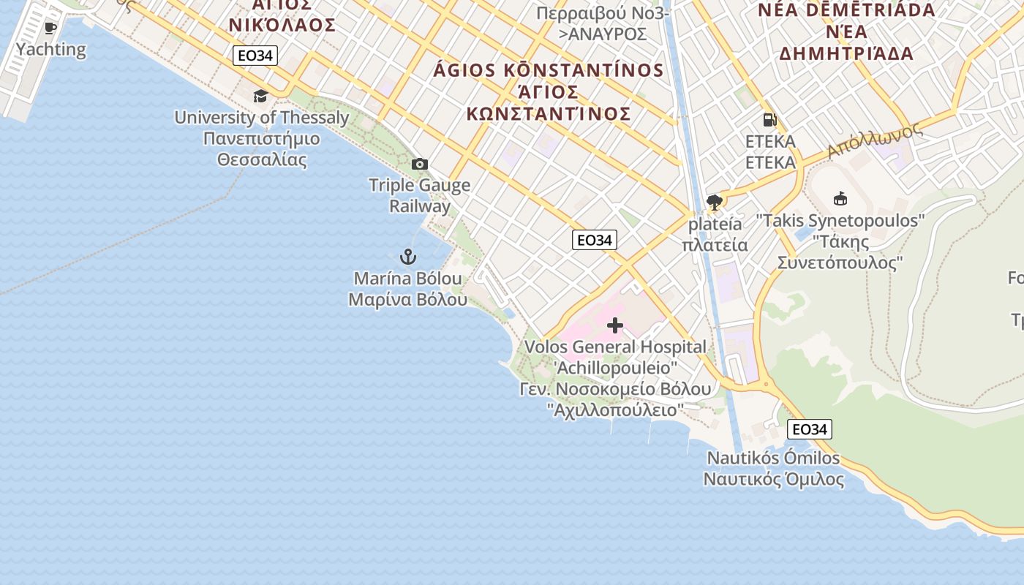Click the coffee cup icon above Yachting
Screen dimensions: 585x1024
pos(50,29)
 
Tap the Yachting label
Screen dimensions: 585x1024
pos(50,50)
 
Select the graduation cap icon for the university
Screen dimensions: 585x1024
pos(260,96)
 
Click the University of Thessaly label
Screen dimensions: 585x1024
pos(261,117)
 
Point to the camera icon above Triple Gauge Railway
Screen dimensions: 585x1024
pos(419,164)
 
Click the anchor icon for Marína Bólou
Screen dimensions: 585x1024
pos(407,257)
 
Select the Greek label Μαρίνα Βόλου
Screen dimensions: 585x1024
pos(407,299)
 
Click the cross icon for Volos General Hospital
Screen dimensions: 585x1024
pos(615,325)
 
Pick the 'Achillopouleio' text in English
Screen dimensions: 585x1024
pos(615,367)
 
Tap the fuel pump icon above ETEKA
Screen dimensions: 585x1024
pos(769,120)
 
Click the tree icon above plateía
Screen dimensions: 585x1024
pos(715,203)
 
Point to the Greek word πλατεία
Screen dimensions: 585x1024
pos(715,244)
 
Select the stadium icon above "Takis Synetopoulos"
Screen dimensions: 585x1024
pos(840,198)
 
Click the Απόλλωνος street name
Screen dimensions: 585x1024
pos(874,140)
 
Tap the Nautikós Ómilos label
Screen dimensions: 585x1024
pos(773,458)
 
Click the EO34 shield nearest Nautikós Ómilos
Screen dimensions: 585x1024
pos(810,429)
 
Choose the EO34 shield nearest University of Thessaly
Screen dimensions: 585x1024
pos(255,55)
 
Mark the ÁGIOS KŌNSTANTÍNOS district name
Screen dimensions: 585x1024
pos(549,71)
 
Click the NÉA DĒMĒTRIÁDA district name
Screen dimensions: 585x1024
pos(846,10)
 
